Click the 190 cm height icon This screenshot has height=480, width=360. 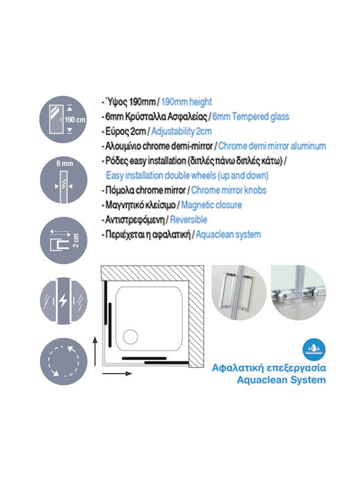63,119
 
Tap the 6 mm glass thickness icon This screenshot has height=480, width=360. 63,180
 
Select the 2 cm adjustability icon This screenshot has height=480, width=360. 63,240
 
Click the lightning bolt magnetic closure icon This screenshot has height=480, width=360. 63,301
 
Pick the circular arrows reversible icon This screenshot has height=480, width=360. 63,361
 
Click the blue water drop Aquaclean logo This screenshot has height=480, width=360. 314,349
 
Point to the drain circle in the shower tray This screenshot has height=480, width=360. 131,337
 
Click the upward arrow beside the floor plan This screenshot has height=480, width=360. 95,351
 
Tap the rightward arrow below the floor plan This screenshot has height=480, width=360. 117,373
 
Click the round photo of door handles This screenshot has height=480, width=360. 239,293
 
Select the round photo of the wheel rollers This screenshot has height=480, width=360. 299,293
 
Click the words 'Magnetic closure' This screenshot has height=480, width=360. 211,205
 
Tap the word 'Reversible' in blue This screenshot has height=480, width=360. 189,219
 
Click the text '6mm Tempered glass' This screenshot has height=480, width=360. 251,117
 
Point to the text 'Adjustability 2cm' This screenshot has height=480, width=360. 181,131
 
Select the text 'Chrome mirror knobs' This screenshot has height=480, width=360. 229,190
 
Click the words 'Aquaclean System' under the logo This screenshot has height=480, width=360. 281,380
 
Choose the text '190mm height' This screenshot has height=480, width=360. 187,101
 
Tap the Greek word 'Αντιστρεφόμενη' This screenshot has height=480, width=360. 135,219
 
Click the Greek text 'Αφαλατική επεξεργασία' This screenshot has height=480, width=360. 269,367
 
